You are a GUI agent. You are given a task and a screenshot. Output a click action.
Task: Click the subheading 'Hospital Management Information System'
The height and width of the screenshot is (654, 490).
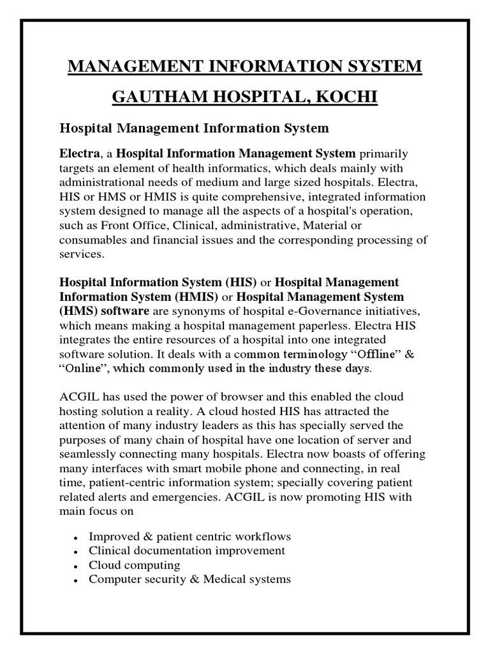194,128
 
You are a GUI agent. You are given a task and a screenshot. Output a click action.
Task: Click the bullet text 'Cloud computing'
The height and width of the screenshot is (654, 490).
135,565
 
